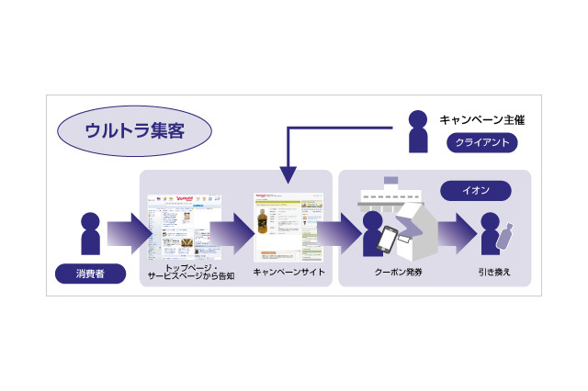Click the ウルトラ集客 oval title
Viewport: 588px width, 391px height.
pyautogui.click(x=134, y=130)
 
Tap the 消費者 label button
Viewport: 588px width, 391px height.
pyautogui.click(x=90, y=273)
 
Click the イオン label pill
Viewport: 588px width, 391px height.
pyautogui.click(x=476, y=191)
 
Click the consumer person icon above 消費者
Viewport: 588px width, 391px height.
pyautogui.click(x=90, y=234)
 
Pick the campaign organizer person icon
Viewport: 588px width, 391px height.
pyautogui.click(x=418, y=131)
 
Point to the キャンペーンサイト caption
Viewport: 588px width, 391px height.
pyautogui.click(x=288, y=273)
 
